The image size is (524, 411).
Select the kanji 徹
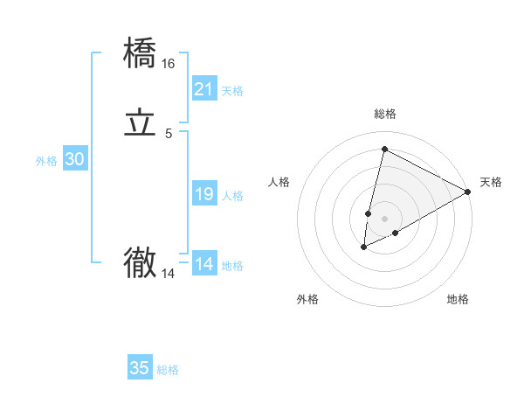141,262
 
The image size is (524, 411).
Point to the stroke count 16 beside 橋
169,64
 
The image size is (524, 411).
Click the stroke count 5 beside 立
169,134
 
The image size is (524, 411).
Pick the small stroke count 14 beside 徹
169,274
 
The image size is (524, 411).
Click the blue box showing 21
204,89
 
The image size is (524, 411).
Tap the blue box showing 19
204,194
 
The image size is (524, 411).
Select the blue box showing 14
204,264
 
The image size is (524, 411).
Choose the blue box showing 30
75,159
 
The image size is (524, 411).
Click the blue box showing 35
140,368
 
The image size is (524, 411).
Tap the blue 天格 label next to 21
232,91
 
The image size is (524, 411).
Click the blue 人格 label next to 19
232,196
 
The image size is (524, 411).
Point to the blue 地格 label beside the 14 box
232,266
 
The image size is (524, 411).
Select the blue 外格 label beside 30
46,161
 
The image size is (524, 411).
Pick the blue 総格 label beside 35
168,370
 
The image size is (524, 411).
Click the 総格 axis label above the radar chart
385,114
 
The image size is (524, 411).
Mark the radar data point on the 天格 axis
469,192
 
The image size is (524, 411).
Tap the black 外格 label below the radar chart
307,299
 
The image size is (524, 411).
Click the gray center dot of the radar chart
385,218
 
